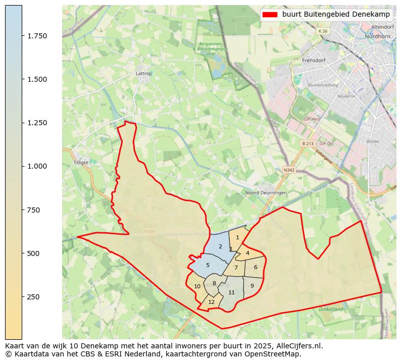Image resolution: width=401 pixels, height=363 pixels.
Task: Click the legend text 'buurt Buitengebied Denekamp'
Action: coord(336,15)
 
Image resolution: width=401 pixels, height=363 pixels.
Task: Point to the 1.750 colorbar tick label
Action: coord(37,36)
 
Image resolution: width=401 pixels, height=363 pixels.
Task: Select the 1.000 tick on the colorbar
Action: coord(37,166)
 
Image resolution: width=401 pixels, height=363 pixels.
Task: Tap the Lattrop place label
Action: coord(144,73)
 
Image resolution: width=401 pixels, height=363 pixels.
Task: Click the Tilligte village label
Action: coord(81,163)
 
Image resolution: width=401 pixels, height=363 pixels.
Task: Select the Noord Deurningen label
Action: coord(266,193)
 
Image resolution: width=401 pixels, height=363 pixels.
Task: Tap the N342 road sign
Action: coord(289,170)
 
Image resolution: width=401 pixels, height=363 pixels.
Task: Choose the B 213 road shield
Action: coord(308,143)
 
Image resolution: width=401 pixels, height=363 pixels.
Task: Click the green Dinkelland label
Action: coord(331,309)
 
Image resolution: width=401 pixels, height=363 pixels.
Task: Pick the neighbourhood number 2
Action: coord(220,246)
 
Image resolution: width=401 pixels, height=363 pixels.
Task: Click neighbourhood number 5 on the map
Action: coord(208,265)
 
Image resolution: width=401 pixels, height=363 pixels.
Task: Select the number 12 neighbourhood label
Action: coord(212,302)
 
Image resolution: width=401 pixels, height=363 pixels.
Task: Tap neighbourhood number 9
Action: coord(252,286)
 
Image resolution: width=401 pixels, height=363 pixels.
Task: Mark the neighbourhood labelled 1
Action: coord(237,237)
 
